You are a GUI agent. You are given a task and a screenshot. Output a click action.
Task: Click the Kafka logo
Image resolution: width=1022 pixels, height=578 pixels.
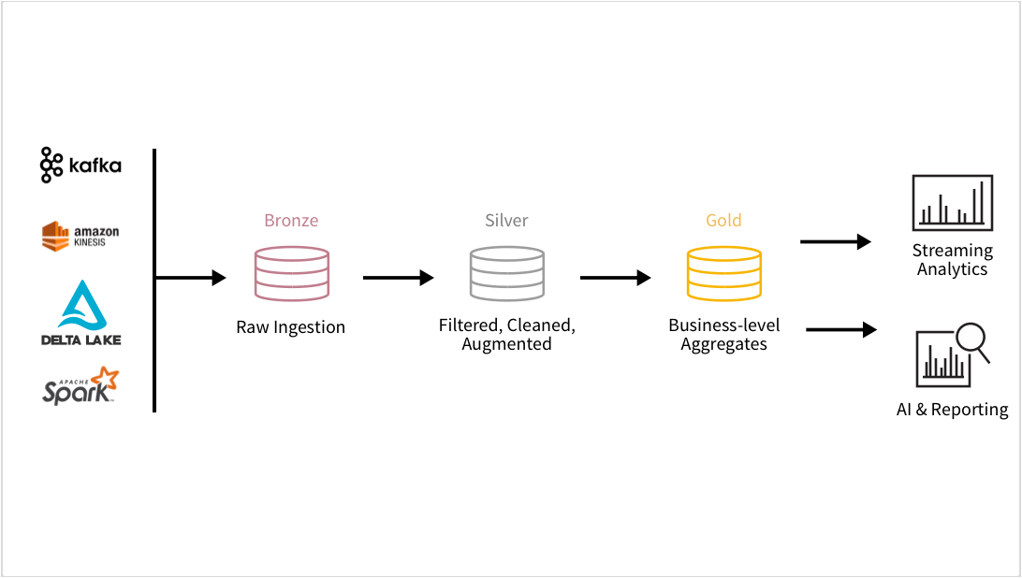80,166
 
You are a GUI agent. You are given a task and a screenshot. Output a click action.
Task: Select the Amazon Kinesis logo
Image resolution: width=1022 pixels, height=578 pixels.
80,236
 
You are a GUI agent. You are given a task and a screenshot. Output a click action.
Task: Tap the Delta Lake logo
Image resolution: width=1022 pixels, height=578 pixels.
80,312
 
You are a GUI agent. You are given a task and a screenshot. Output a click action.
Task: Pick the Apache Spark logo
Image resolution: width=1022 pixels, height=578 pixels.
80,385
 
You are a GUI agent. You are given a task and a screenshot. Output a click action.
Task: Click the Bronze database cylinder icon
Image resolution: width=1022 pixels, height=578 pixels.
291,273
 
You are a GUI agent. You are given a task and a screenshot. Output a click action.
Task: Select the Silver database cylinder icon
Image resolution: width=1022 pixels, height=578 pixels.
506,273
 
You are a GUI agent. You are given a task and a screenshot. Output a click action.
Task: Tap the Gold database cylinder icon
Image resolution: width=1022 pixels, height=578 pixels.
723,273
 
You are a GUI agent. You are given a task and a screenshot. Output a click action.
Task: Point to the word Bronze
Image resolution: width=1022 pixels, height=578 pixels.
291,221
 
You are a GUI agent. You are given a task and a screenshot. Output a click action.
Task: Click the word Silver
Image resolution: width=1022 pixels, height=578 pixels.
506,221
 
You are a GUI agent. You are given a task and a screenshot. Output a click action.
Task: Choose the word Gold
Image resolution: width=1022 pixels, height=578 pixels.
723,221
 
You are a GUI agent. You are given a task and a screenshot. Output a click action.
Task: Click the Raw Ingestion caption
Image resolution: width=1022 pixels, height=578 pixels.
291,327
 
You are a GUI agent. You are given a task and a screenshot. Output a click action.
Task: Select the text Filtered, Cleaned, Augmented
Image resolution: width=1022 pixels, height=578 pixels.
506,335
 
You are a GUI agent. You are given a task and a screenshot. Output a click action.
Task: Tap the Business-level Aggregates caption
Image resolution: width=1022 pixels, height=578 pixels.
723,335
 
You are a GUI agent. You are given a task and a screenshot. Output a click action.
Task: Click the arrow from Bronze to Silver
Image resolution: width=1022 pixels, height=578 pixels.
399,278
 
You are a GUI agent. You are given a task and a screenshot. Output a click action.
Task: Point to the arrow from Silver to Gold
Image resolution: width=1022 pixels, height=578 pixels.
615,278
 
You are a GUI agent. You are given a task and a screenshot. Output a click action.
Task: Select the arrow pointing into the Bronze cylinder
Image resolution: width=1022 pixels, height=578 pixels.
192,278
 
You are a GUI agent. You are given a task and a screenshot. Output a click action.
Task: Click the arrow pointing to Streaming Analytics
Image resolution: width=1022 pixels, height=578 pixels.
835,241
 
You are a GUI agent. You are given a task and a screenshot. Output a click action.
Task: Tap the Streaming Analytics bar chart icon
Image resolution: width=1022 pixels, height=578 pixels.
952,203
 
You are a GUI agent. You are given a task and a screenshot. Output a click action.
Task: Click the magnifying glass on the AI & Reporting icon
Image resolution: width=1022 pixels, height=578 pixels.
971,342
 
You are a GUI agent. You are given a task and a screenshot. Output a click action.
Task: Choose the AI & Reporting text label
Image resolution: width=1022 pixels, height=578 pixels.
952,410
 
